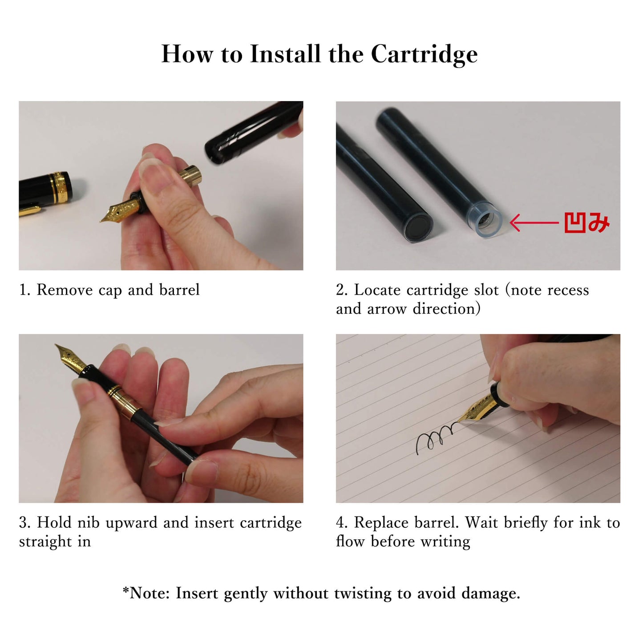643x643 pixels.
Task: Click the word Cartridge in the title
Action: [424, 54]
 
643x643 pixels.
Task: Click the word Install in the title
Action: [285, 53]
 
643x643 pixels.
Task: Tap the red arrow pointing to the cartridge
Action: [534, 222]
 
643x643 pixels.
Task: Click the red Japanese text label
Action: [587, 222]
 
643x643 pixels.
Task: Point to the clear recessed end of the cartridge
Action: [489, 221]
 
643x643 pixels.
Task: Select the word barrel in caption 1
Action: [179, 290]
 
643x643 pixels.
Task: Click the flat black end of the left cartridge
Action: [418, 226]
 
